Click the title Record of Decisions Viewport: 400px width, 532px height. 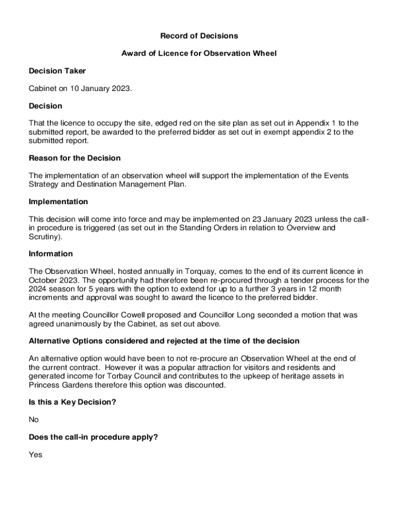point(199,36)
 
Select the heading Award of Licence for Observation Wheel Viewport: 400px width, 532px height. point(199,54)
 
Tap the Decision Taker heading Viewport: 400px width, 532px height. point(57,71)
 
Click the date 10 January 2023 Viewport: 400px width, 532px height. point(100,88)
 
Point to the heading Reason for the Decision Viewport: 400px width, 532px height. point(75,158)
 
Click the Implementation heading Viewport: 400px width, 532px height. point(58,202)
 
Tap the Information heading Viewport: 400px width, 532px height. point(51,254)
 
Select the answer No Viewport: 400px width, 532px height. point(34,420)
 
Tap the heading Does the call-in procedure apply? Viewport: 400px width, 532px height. point(94,437)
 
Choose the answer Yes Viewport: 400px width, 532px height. point(35,455)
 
